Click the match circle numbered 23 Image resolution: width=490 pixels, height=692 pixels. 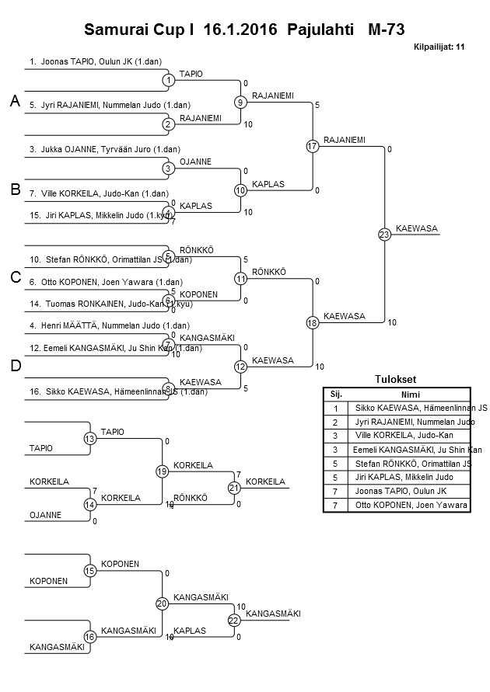384,235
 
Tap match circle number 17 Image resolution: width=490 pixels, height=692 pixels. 313,146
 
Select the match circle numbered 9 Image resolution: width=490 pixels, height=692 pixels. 241,102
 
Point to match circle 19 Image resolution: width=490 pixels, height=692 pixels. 163,471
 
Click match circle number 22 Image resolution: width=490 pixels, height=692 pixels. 234,620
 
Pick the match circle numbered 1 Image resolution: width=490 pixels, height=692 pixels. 169,80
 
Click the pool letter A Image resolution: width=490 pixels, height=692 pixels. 14,101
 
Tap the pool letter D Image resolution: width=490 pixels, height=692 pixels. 14,366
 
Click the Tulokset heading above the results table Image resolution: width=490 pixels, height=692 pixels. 396,379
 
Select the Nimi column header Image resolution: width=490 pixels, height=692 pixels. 411,394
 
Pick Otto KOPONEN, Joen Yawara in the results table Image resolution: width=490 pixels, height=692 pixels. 411,506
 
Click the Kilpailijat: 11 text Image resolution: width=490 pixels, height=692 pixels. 439,47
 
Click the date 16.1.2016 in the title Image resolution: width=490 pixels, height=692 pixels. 240,30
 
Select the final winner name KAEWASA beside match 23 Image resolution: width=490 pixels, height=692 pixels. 417,228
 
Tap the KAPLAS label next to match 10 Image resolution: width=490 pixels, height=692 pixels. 268,184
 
